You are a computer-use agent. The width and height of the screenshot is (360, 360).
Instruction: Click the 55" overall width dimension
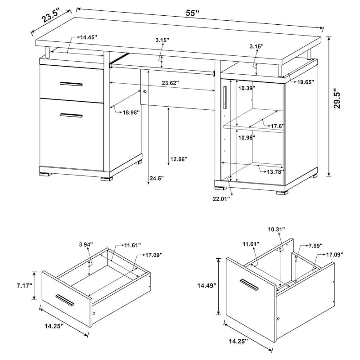[x=193, y=13]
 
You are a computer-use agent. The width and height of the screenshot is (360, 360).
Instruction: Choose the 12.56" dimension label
[x=179, y=159]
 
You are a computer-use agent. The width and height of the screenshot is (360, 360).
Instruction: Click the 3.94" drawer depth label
[x=85, y=244]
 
